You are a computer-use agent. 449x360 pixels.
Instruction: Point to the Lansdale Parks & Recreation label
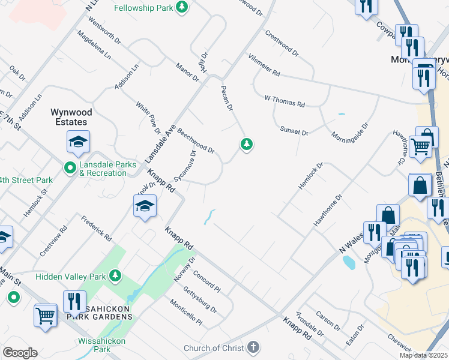pos(105,169)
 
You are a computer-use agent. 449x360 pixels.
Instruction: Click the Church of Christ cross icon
pos(253,347)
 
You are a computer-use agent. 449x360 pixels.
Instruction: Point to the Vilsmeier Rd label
pos(264,65)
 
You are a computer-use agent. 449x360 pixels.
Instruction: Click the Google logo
pos(20,353)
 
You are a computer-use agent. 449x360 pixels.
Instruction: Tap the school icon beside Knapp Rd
pos(144,207)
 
